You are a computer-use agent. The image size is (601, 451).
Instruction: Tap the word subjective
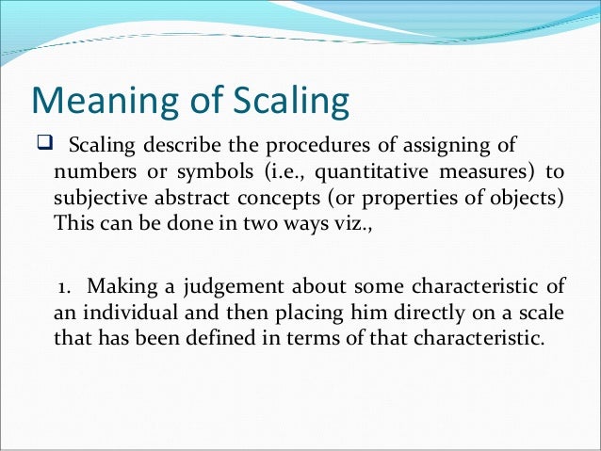tap(97, 200)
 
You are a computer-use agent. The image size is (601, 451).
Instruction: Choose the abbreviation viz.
tap(352, 226)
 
